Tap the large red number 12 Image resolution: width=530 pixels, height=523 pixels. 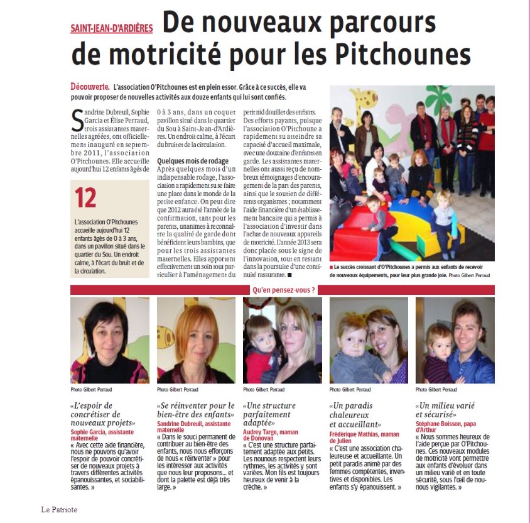(x=86, y=198)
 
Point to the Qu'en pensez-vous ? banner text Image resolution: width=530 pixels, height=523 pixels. (x=283, y=290)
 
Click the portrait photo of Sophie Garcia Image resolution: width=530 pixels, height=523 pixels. (x=110, y=340)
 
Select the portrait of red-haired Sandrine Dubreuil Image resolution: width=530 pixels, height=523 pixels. (x=196, y=340)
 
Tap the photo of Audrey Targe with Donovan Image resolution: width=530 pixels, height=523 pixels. (x=282, y=340)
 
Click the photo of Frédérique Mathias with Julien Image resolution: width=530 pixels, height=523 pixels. (x=369, y=340)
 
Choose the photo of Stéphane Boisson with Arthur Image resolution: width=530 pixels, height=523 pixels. (x=455, y=340)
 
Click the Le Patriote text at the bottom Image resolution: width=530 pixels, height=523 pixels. (x=59, y=509)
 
